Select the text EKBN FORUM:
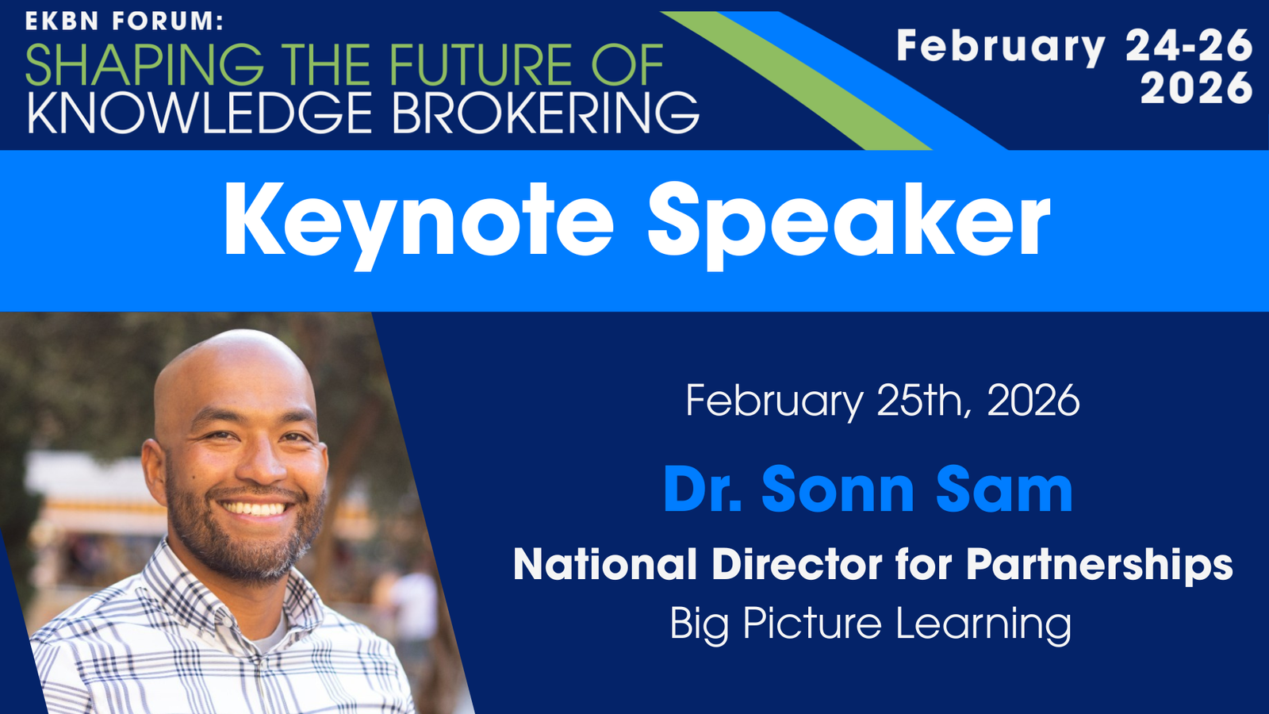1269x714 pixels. coord(125,21)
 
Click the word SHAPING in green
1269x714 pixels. coord(144,64)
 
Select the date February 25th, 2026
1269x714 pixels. coord(883,401)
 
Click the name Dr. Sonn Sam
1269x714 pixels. coord(868,489)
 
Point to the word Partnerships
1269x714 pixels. coord(1099,566)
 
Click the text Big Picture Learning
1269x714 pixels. coord(871,624)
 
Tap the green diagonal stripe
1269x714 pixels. coord(796,80)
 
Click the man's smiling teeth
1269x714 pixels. coord(255,509)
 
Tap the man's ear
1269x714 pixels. coord(154,473)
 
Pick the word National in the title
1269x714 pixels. coord(605,564)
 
